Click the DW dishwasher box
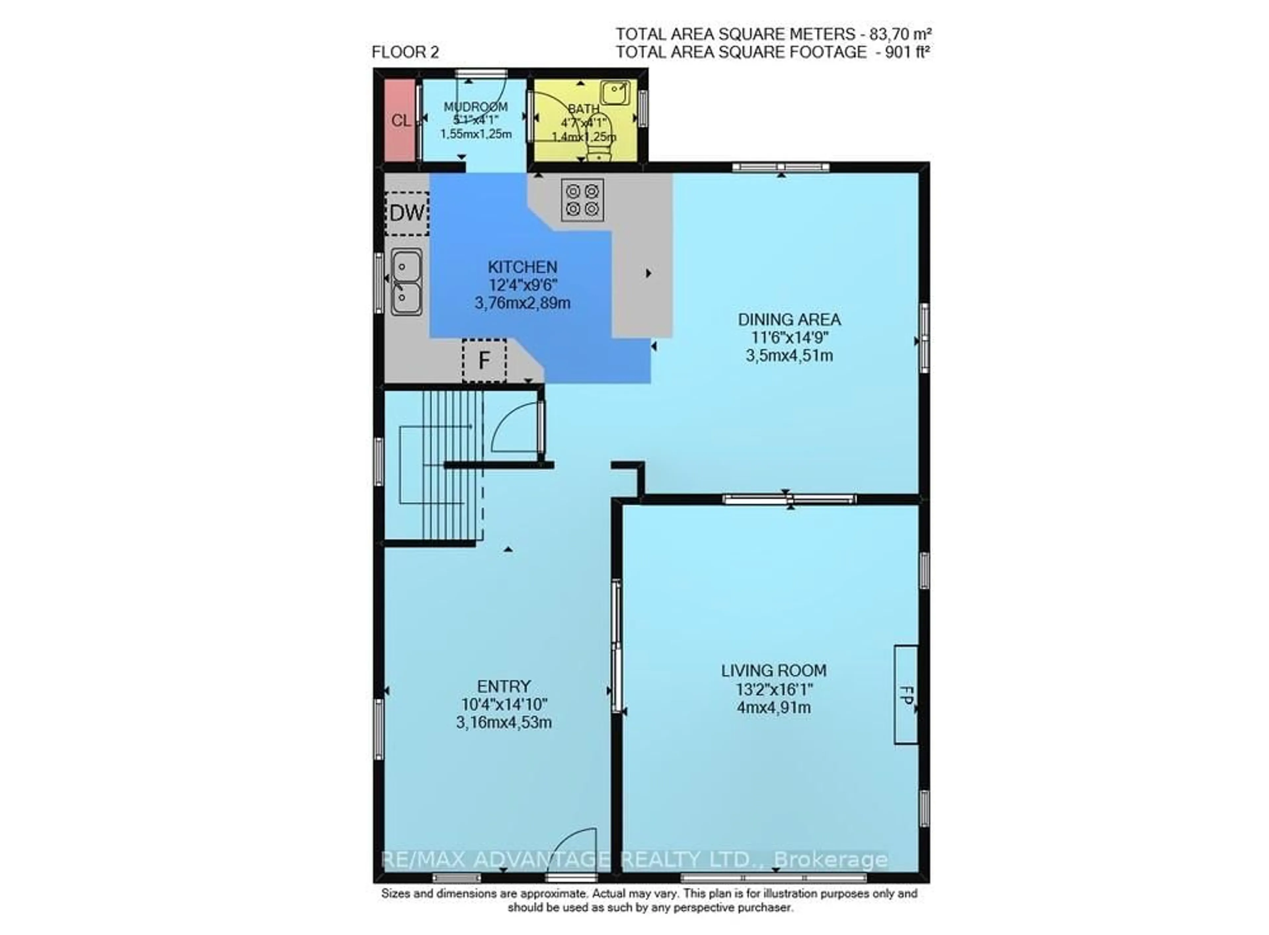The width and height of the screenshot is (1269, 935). pyautogui.click(x=406, y=213)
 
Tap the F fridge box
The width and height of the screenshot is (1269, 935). pyautogui.click(x=483, y=360)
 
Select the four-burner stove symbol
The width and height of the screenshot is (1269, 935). pyautogui.click(x=582, y=200)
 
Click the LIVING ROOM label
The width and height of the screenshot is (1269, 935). pyautogui.click(x=773, y=671)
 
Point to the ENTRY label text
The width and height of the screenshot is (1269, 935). pyautogui.click(x=503, y=687)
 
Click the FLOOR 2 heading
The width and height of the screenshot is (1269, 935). pyautogui.click(x=405, y=53)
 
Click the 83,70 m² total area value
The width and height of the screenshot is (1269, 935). pyautogui.click(x=900, y=34)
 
